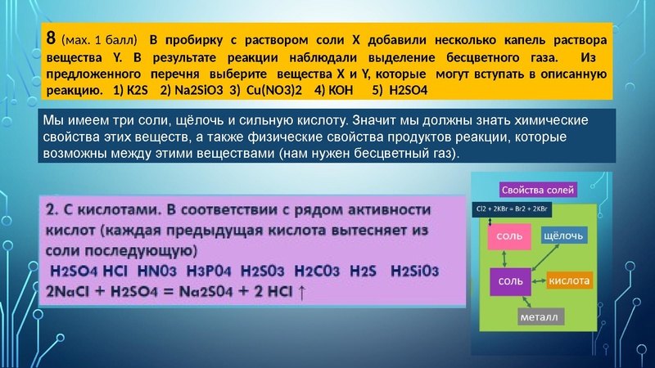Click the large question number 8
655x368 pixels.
51,38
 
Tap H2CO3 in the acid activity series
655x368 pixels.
320,271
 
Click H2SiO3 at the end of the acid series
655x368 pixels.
416,271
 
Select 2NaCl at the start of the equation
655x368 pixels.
75,292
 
